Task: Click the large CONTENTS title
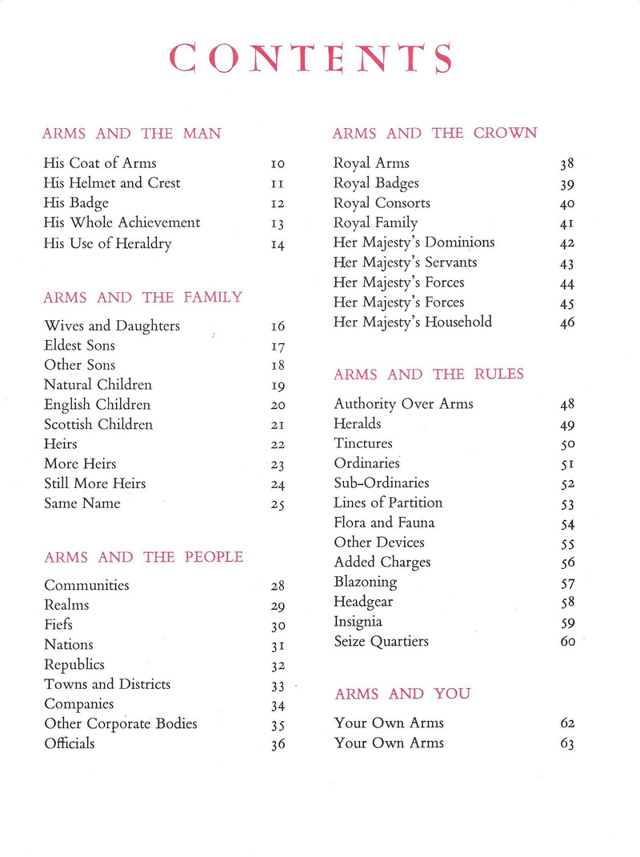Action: click(312, 58)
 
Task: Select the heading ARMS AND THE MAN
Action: click(132, 134)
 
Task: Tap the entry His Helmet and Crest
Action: click(112, 183)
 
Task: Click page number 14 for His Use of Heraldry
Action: click(278, 245)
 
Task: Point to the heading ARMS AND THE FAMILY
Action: click(142, 298)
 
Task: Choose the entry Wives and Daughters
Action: click(112, 326)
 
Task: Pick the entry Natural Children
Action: click(98, 385)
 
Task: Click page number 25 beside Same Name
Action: click(278, 505)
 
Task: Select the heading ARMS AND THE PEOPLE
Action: click(143, 557)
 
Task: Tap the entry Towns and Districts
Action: click(107, 684)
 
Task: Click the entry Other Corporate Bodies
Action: click(120, 724)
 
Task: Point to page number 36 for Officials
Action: click(278, 745)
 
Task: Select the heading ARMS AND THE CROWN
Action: click(434, 133)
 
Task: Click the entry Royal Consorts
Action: click(382, 203)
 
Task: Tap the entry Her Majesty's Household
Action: click(412, 322)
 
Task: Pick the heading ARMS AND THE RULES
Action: click(429, 374)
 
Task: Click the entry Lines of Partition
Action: click(387, 503)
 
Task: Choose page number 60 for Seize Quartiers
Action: click(567, 642)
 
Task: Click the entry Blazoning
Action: click(365, 582)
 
